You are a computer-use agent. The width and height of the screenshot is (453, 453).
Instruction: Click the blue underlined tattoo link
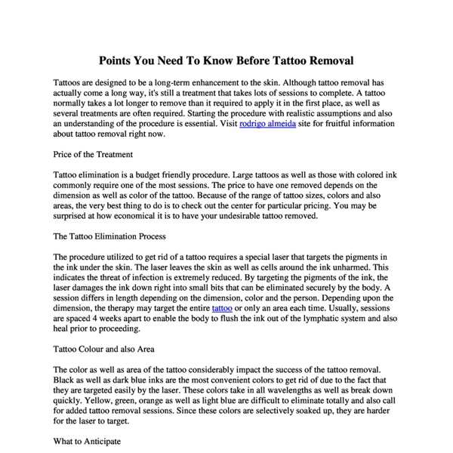pyautogui.click(x=222, y=309)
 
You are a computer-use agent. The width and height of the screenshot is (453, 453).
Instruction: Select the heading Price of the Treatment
pyautogui.click(x=94, y=154)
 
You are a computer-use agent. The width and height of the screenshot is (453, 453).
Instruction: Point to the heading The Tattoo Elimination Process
pyautogui.click(x=110, y=236)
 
